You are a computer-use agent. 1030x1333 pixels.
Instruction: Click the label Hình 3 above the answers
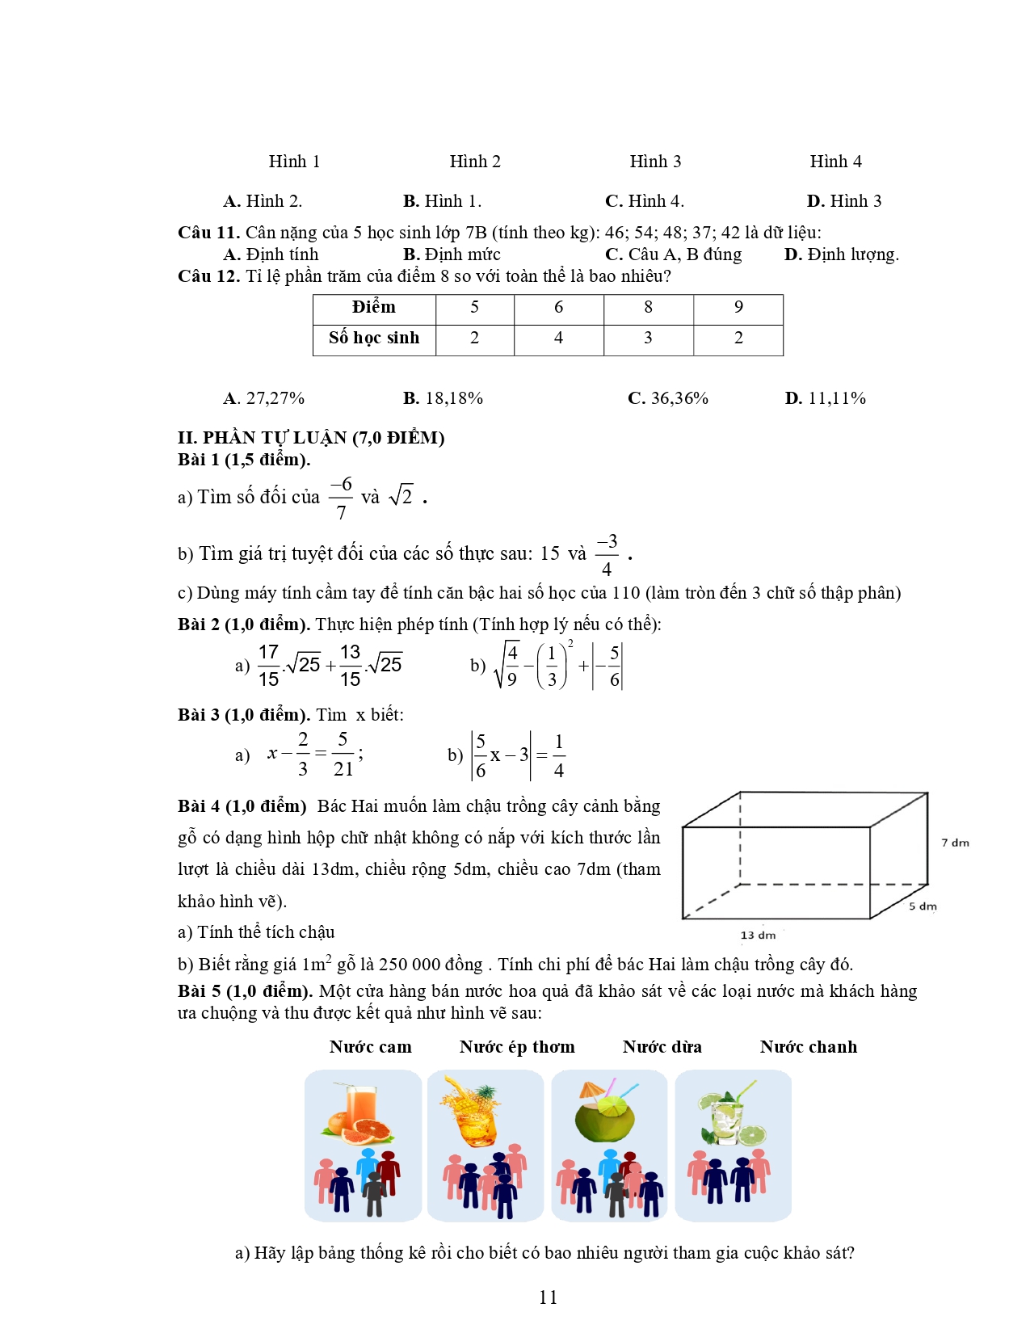[x=655, y=162]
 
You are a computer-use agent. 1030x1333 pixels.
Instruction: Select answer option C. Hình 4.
[x=644, y=201]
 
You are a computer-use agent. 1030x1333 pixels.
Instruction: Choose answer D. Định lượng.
[x=841, y=254]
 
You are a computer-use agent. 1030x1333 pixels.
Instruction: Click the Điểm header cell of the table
[x=374, y=308]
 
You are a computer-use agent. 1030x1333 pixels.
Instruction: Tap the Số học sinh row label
[x=374, y=339]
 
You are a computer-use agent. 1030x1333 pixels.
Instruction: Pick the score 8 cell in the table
[x=648, y=308]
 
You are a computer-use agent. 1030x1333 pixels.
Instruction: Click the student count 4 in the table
[x=558, y=339]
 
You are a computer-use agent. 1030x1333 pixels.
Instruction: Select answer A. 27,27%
[x=264, y=398]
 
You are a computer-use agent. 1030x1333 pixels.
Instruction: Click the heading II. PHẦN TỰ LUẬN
[x=311, y=438]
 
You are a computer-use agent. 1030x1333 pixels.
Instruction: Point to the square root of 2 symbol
[x=401, y=496]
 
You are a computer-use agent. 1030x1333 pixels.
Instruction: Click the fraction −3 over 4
[x=607, y=554]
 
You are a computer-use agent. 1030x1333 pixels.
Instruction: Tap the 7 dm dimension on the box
[x=954, y=843]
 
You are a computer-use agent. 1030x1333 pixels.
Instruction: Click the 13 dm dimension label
[x=758, y=936]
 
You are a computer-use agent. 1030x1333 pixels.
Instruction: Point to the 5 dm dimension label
[x=923, y=906]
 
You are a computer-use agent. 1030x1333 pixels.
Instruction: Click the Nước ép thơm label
[x=517, y=1047]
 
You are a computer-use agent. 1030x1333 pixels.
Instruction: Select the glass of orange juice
[x=360, y=1112]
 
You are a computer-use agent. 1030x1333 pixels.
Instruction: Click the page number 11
[x=548, y=1297]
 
